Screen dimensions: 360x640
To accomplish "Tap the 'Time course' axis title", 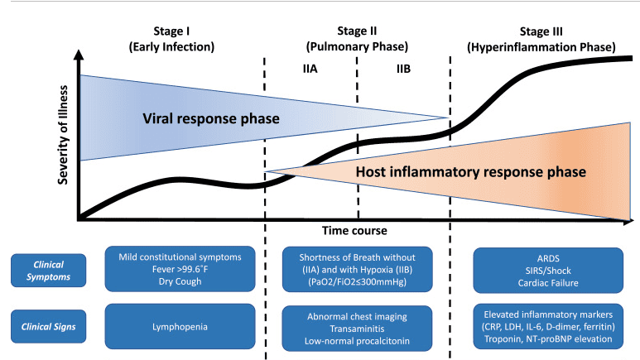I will [356, 229].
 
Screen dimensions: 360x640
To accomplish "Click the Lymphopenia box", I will [179, 326].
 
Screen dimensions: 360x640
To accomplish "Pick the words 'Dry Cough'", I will [179, 281].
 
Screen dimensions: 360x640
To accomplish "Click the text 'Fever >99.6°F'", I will [179, 268].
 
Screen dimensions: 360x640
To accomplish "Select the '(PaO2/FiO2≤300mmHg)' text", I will [358, 281].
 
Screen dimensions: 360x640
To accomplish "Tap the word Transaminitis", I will [358, 326].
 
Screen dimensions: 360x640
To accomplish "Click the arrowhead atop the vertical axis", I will [78, 55].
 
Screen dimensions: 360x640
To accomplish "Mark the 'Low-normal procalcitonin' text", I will [358, 339].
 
